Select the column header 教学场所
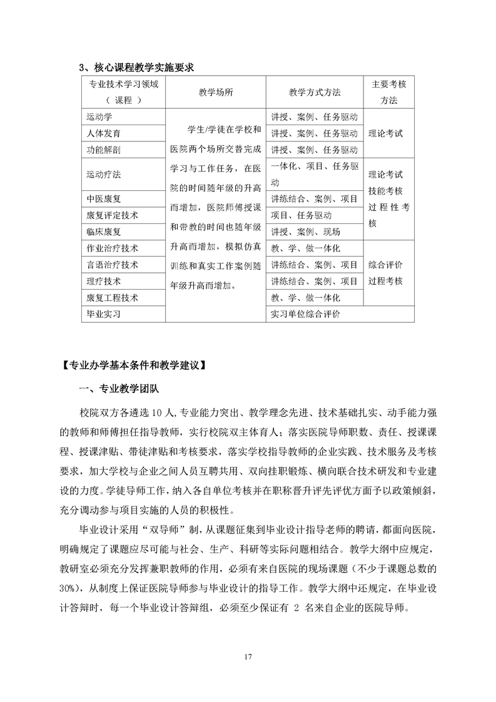point(216,92)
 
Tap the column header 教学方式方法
point(315,92)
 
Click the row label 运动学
point(98,117)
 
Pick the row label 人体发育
point(103,133)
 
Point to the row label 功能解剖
point(103,150)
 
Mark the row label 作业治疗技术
point(112,248)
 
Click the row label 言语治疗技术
point(112,265)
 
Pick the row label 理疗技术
point(103,281)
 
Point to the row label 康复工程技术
point(112,297)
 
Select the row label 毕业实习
point(103,314)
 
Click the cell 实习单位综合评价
point(305,314)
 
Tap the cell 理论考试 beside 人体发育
point(386,133)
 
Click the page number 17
point(248,657)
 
